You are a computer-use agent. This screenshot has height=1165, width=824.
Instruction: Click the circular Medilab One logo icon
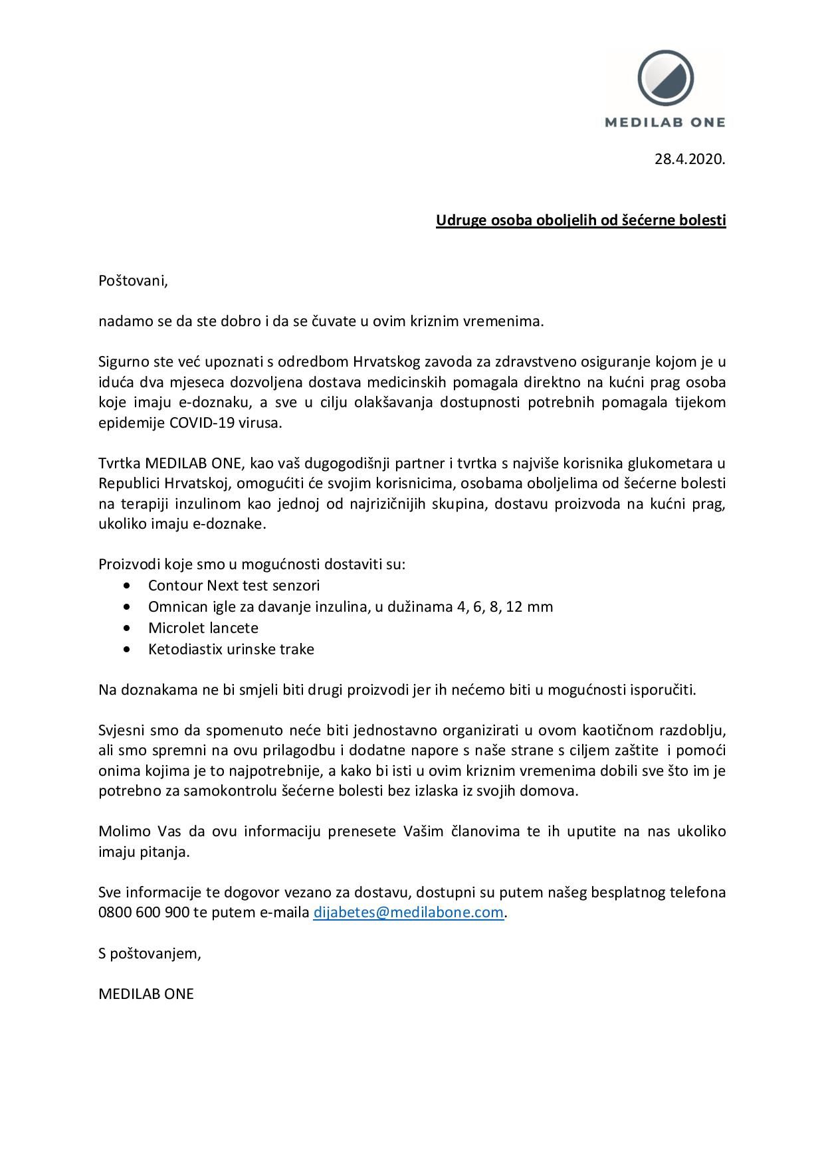click(665, 78)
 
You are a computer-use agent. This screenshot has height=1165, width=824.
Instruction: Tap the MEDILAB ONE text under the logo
click(665, 122)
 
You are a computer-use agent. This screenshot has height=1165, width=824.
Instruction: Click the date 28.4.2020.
click(690, 159)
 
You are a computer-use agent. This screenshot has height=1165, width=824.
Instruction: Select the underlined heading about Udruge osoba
click(581, 220)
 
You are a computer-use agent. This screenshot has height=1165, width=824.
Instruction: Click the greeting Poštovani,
click(133, 281)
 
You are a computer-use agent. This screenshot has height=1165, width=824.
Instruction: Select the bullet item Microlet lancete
click(203, 628)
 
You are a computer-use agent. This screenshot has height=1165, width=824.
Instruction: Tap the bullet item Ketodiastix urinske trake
click(231, 649)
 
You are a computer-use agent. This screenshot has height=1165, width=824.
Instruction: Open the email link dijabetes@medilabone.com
click(407, 913)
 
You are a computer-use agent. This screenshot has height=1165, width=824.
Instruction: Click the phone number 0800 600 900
click(144, 913)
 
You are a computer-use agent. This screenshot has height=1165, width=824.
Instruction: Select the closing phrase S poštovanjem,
click(149, 954)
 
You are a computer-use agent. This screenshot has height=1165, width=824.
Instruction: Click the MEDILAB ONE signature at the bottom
click(146, 994)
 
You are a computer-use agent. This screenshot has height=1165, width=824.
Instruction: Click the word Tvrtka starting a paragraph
click(119, 463)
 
